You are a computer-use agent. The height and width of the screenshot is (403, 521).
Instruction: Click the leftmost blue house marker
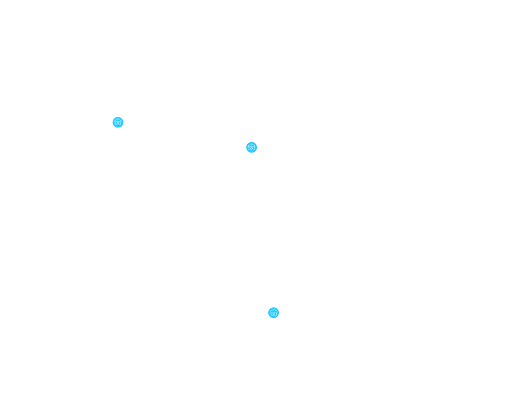118,122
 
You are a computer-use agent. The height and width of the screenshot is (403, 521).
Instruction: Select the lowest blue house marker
274,313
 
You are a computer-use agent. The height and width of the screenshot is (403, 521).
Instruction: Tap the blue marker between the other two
252,147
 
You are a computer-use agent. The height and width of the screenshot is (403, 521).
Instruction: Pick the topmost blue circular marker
118,122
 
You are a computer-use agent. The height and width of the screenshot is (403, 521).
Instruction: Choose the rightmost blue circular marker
274,313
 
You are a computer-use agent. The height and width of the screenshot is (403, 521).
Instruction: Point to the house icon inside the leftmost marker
118,122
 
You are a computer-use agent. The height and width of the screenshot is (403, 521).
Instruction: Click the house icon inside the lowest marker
274,313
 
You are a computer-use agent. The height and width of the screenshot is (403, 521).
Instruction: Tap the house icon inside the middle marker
252,147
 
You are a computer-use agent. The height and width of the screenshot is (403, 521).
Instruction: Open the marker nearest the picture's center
252,147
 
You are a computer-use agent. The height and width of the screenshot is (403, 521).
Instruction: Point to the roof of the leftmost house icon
118,120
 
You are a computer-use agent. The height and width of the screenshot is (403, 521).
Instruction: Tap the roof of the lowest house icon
274,311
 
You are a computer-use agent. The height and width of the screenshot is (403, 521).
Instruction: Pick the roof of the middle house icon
252,145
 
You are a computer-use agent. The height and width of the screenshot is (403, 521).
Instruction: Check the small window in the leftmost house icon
118,124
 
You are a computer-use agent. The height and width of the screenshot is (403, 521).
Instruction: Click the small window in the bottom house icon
274,314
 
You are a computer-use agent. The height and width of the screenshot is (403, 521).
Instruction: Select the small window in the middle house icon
252,149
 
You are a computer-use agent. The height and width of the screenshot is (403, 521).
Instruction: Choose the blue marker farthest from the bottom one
118,122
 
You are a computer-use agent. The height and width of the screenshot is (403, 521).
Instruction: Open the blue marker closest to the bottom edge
274,313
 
